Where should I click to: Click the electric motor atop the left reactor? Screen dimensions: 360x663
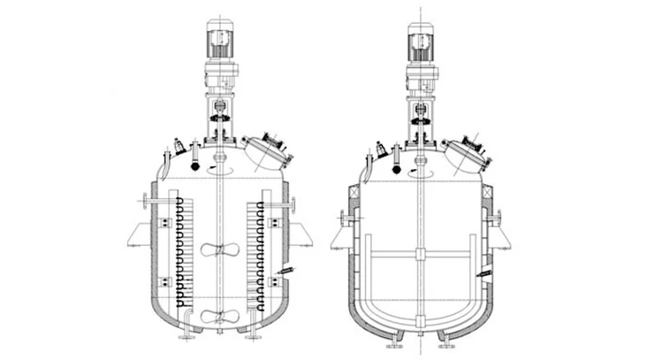point(217,41)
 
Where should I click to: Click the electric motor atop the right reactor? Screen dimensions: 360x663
point(422,41)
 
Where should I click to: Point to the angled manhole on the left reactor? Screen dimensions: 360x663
point(266,151)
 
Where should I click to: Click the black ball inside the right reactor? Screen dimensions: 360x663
point(397,166)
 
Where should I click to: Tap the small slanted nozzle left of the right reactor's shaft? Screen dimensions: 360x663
point(382,146)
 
